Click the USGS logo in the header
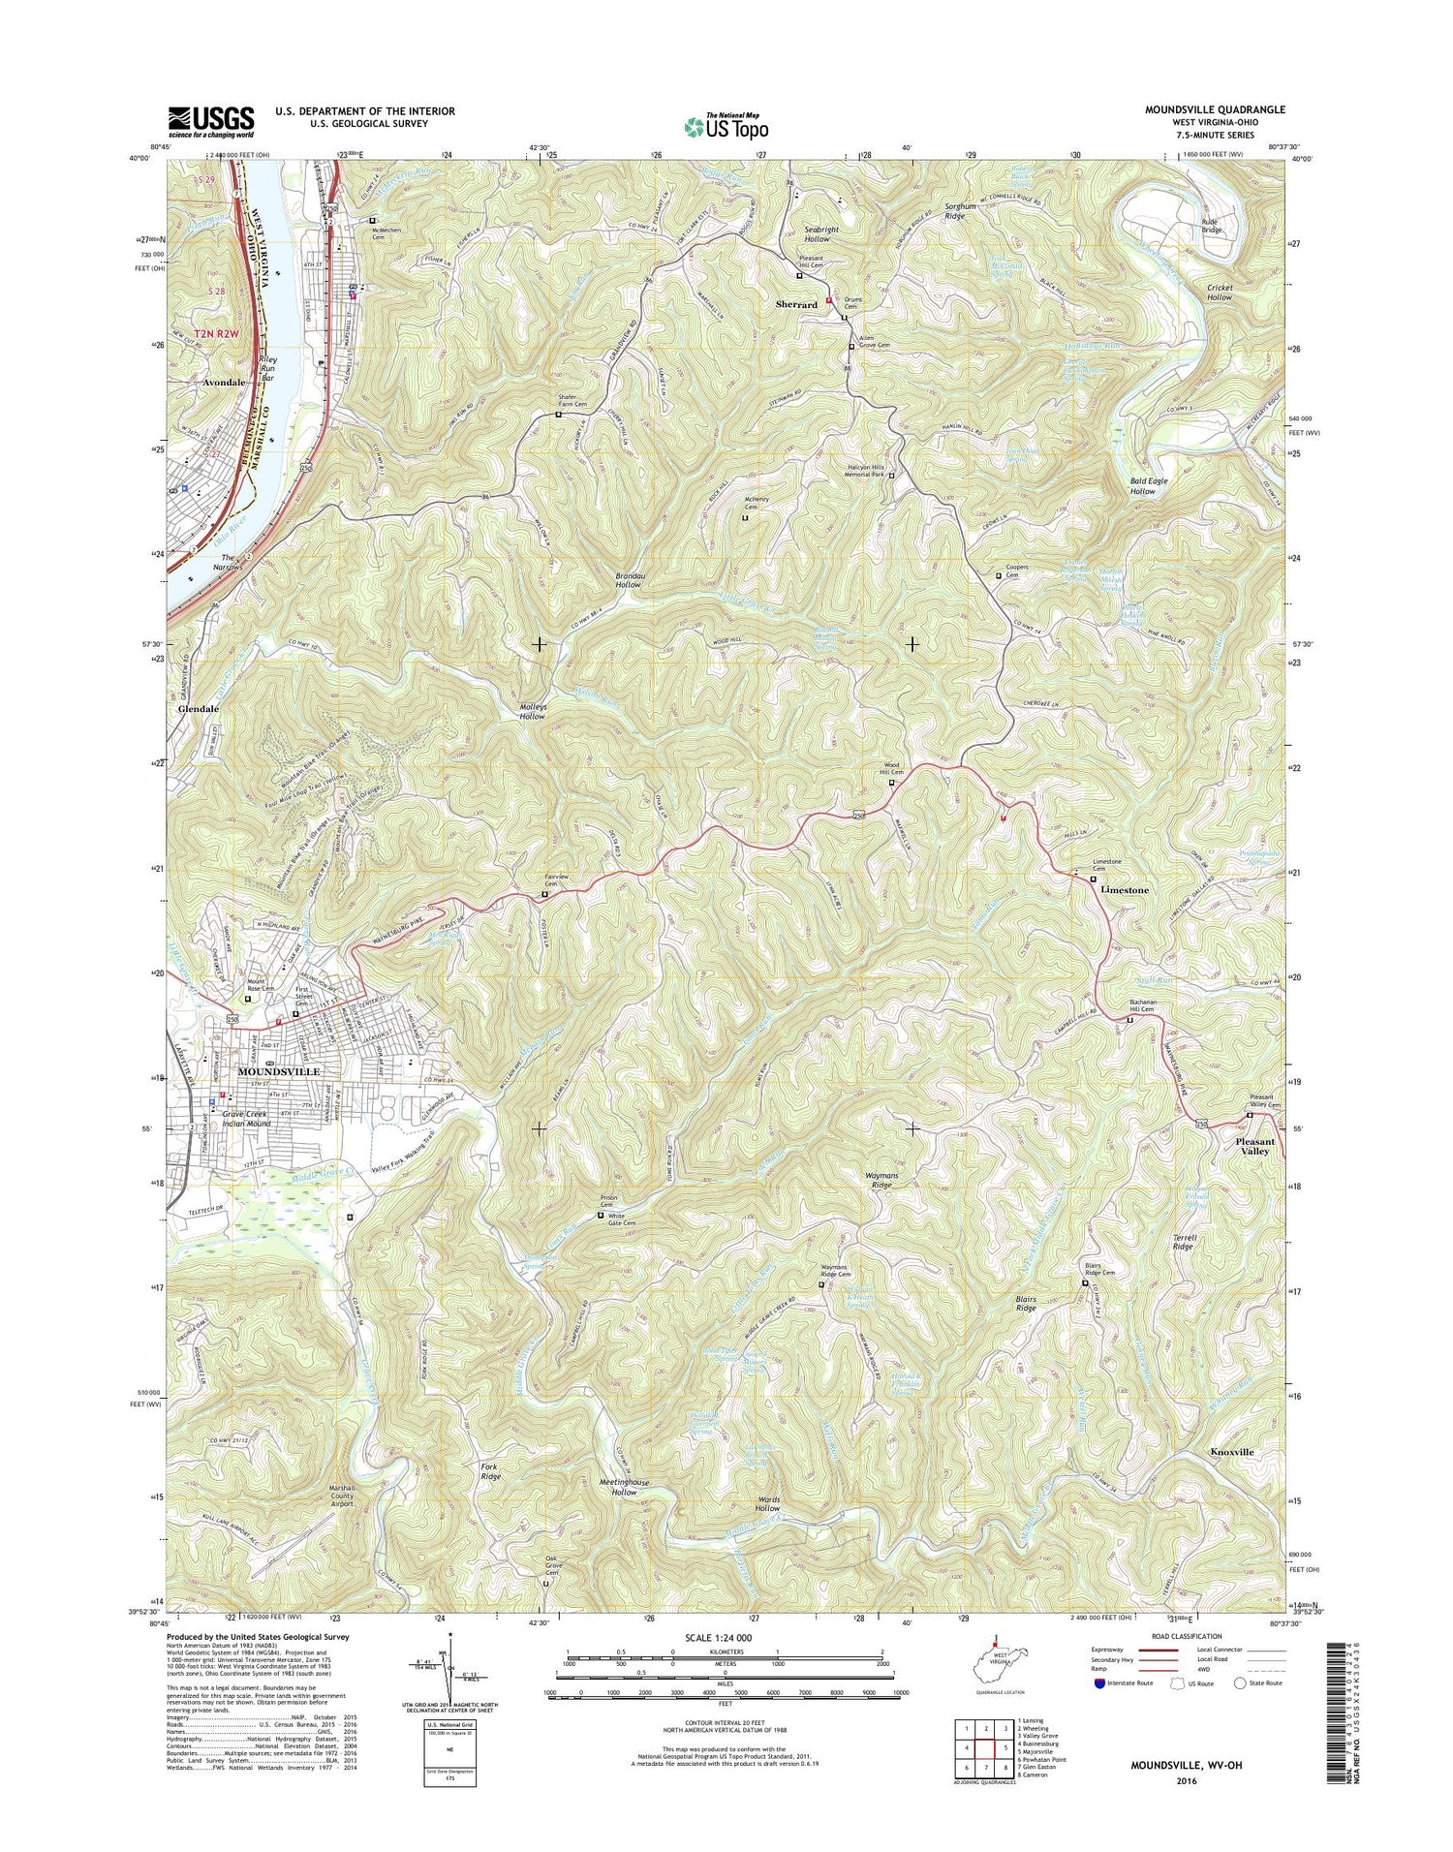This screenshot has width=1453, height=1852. click(211, 119)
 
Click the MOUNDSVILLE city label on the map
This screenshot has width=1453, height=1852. click(279, 1072)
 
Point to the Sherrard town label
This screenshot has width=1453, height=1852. click(796, 304)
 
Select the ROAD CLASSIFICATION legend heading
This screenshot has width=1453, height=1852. click(1153, 1635)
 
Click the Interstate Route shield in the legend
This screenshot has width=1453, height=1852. click(1098, 1683)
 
